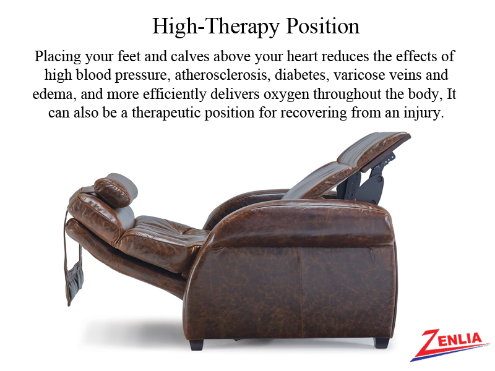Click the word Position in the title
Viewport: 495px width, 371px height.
(x=322, y=27)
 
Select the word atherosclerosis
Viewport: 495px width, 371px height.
(x=222, y=75)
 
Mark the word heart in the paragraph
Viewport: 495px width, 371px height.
(x=302, y=56)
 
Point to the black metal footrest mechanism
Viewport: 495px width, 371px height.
(x=366, y=178)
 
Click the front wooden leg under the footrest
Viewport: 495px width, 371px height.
(x=381, y=343)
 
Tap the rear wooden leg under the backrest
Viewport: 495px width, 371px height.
(x=196, y=344)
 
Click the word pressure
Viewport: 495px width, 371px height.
(x=141, y=75)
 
